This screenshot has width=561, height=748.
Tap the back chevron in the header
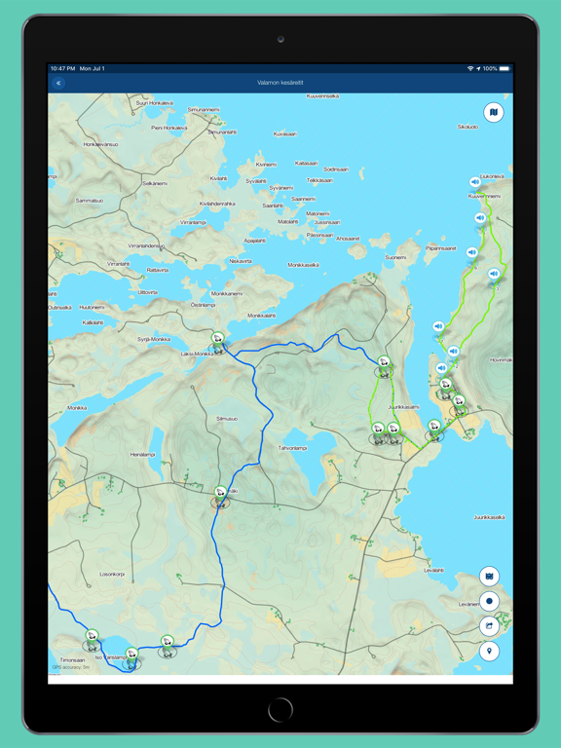58,84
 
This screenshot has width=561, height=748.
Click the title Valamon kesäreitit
280,84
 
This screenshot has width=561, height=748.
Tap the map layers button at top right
493,113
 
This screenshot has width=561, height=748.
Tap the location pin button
490,651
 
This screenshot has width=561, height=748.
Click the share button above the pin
490,626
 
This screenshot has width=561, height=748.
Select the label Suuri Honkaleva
155,102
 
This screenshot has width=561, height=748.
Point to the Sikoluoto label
467,127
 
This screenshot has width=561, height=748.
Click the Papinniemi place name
440,247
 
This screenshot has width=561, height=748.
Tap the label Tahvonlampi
293,448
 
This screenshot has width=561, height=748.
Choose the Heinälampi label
143,454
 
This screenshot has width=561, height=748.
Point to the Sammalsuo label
90,200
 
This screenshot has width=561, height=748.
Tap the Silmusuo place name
227,418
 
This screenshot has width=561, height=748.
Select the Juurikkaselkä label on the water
489,517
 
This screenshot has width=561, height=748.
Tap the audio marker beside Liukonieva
475,182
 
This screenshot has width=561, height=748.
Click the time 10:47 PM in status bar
63,69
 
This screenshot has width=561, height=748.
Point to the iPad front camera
280,39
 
